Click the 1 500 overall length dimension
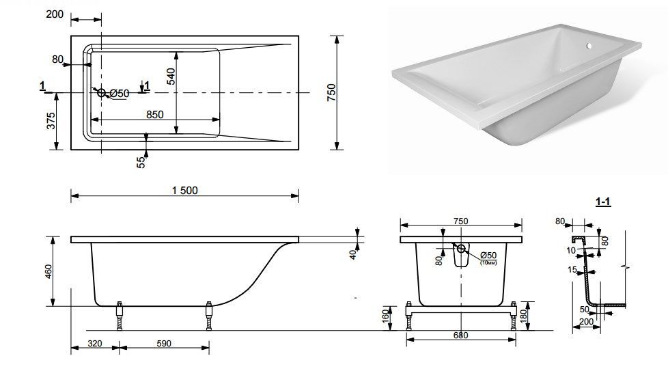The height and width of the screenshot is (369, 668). (x=185, y=191)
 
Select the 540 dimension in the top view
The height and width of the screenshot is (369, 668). (x=171, y=77)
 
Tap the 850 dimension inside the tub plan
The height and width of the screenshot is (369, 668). (x=154, y=115)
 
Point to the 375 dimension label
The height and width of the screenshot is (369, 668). (x=51, y=121)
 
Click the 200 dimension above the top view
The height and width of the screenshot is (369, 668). (x=55, y=14)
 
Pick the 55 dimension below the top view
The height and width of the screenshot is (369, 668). (x=141, y=162)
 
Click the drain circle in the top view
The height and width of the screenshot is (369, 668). (x=101, y=92)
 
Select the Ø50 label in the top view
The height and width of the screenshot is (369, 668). (x=120, y=94)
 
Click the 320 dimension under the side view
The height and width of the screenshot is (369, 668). (x=94, y=344)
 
